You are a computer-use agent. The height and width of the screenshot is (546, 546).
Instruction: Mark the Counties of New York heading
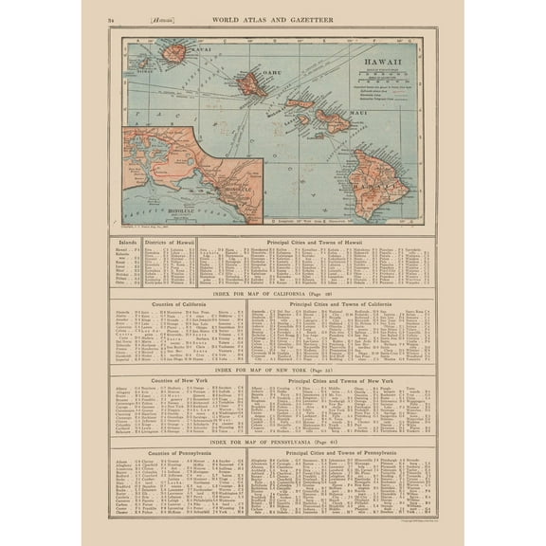click(x=177, y=379)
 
